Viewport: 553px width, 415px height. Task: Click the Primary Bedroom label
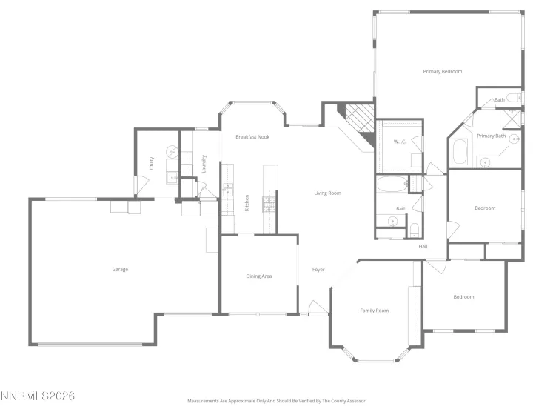click(x=442, y=72)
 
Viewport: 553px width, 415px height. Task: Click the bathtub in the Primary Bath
click(x=460, y=153)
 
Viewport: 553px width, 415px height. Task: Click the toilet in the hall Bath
click(x=415, y=228)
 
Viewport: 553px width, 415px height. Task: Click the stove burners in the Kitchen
click(x=270, y=202)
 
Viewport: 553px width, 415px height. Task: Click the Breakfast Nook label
click(x=252, y=137)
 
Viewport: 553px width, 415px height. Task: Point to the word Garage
click(x=120, y=269)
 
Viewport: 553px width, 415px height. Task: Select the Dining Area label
click(x=259, y=276)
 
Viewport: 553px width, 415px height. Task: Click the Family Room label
click(x=374, y=311)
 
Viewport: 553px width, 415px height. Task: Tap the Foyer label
click(x=318, y=269)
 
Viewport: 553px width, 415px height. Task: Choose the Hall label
click(x=423, y=246)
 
